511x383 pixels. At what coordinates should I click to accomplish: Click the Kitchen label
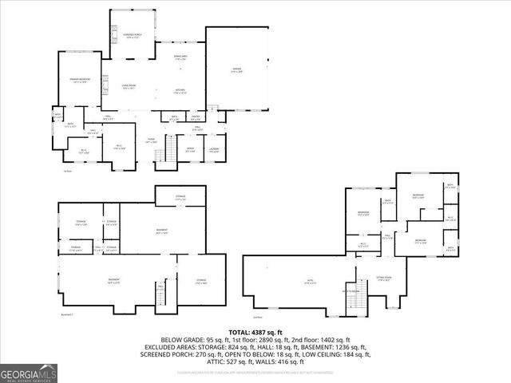180,90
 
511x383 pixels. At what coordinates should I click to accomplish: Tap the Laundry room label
214,150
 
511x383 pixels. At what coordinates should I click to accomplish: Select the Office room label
190,150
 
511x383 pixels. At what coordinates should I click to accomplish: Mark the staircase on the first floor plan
168,149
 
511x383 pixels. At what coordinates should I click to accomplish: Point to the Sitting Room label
386,278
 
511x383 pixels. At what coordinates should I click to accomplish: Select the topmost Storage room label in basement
180,198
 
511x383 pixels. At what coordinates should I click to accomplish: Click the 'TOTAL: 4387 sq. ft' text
255,331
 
